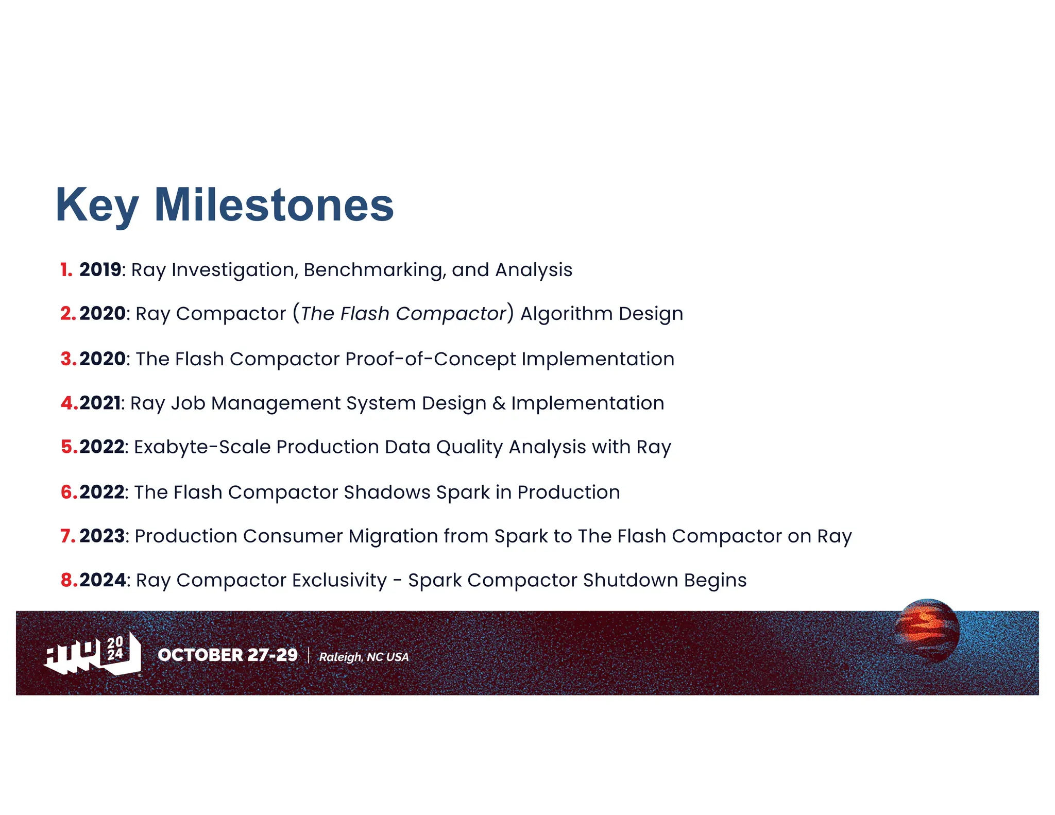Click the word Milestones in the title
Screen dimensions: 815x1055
(274, 205)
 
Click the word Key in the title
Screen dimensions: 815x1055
(97, 206)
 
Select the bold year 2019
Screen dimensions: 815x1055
(100, 269)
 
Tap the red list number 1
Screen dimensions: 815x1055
(66, 269)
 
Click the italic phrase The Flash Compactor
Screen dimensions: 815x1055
(403, 313)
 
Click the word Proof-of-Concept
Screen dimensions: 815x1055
(430, 359)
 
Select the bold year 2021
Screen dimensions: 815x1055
(100, 403)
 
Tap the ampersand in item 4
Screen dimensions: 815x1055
(499, 403)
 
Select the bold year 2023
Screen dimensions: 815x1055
(102, 536)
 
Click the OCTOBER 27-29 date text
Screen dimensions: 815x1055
(228, 655)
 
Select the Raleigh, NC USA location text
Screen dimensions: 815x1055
(364, 657)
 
